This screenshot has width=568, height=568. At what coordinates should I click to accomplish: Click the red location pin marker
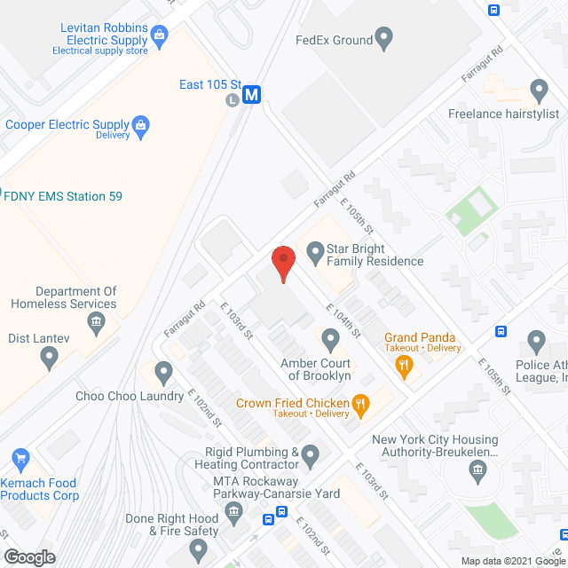pos(282,264)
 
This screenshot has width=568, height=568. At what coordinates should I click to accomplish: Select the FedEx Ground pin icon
pos(384,39)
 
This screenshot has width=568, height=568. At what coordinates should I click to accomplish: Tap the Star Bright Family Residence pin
pos(314,254)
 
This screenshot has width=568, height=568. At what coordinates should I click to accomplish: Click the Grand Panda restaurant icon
pos(405,364)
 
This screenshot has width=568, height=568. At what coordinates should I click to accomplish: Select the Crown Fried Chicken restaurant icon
pos(359,407)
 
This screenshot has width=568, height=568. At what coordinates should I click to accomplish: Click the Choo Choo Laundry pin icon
pos(163,371)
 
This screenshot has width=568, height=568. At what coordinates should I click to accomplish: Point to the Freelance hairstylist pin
pos(538,89)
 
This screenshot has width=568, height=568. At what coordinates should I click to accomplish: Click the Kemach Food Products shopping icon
pos(20,460)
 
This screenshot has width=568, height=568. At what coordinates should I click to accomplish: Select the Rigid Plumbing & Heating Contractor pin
pos(310,457)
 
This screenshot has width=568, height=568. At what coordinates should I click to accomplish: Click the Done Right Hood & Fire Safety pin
pos(199,550)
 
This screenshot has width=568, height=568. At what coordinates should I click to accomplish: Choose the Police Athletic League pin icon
pos(536,340)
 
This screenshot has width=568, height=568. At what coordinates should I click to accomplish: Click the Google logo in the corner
pos(29,556)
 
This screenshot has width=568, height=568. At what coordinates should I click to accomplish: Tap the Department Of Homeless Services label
pos(64,297)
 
